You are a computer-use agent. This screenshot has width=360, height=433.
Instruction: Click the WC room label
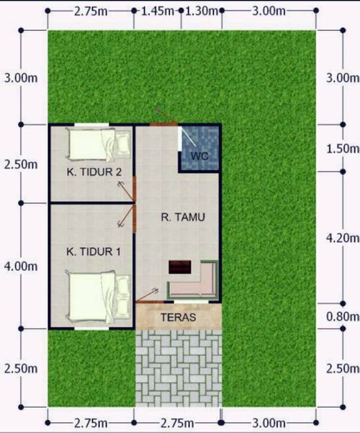pos(199,156)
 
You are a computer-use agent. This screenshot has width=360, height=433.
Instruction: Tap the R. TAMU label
pos(183,218)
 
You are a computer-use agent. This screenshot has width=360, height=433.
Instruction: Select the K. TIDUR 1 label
pos(94,251)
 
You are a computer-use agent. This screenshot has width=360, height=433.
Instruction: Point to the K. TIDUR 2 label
pos(94,172)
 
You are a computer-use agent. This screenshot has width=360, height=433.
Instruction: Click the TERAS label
pos(179,317)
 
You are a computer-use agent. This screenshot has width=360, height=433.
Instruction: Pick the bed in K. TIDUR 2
pos(99,144)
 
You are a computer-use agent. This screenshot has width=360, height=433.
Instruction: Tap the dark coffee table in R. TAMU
pos(180,267)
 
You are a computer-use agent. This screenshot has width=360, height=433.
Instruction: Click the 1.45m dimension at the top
pos(158,12)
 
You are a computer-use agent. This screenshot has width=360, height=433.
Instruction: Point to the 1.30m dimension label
pos(202,12)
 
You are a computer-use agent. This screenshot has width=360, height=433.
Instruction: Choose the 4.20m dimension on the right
pos(343,238)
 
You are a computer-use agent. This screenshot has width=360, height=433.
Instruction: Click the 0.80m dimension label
pos(343,316)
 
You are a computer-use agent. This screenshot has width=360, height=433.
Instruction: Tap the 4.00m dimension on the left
pos(21,266)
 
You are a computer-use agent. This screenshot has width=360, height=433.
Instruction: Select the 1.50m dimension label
pos(343,148)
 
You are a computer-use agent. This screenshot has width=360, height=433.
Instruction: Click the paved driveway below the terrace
pos(179,368)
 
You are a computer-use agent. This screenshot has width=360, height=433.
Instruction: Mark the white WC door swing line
pos(189,137)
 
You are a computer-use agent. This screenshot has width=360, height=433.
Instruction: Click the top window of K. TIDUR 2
pos(91,125)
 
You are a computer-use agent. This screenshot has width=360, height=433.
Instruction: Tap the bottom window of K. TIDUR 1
pos(91,329)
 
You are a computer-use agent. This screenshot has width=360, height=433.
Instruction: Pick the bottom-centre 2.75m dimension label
pos(177,423)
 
